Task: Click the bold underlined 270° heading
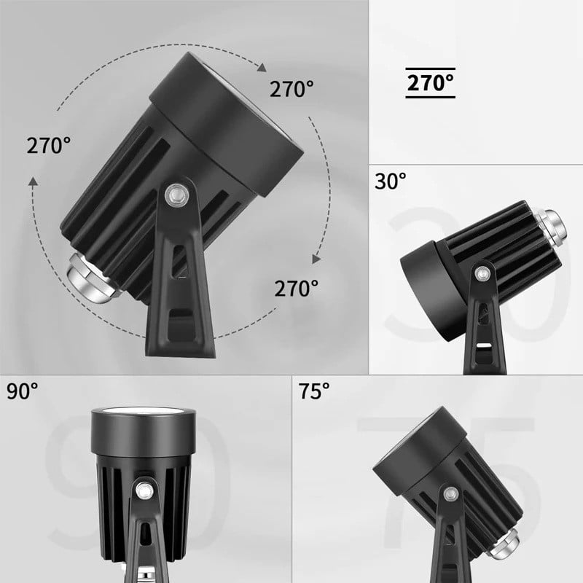click(430, 83)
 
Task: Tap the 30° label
click(390, 181)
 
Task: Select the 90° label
click(22, 391)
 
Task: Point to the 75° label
click(314, 391)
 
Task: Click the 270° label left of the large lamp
click(48, 145)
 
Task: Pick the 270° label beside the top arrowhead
click(291, 89)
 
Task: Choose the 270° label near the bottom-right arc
click(297, 288)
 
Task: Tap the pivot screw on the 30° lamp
click(482, 274)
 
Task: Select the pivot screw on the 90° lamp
click(144, 490)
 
